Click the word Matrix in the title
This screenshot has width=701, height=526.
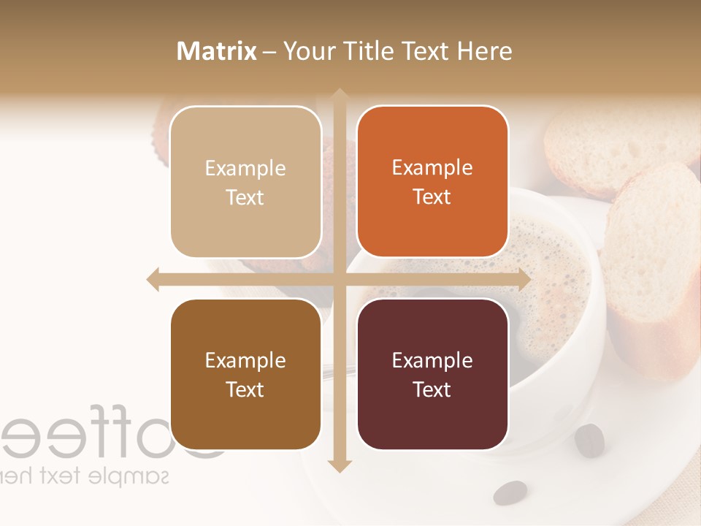coord(216,51)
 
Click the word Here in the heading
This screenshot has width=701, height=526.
coord(484,51)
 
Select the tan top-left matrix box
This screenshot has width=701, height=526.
coord(245,182)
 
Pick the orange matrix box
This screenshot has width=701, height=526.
coord(432,182)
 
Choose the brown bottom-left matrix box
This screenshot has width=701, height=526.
coord(245,374)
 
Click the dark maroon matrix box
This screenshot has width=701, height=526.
coord(432,374)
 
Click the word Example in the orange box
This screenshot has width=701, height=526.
coord(432,167)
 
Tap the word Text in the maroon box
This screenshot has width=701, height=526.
coord(432,389)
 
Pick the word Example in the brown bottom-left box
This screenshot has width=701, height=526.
coord(245,360)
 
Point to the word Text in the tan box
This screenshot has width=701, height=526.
coord(245,197)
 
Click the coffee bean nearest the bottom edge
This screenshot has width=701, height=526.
coord(510,492)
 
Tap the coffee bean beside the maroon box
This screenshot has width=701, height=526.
coord(589,441)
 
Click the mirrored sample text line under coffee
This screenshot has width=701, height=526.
coord(84,476)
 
